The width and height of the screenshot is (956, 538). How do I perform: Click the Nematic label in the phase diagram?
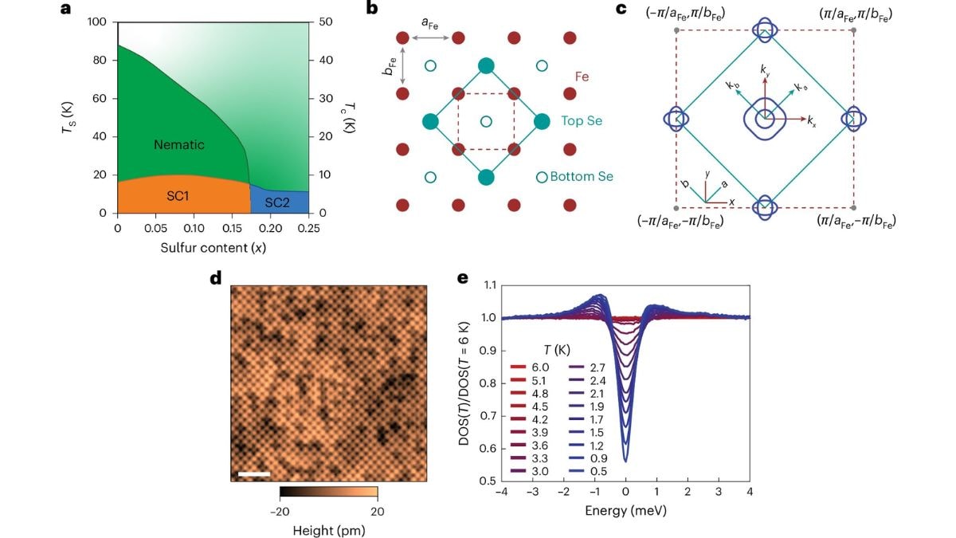pos(179,145)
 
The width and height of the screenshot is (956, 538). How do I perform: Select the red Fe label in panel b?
pos(584,77)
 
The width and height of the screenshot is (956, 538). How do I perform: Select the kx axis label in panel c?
pos(811,121)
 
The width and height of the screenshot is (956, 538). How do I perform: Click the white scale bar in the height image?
pos(254,475)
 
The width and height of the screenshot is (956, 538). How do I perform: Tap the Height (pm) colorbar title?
pos(327,529)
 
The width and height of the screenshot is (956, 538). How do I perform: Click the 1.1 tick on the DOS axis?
pos(485,285)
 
